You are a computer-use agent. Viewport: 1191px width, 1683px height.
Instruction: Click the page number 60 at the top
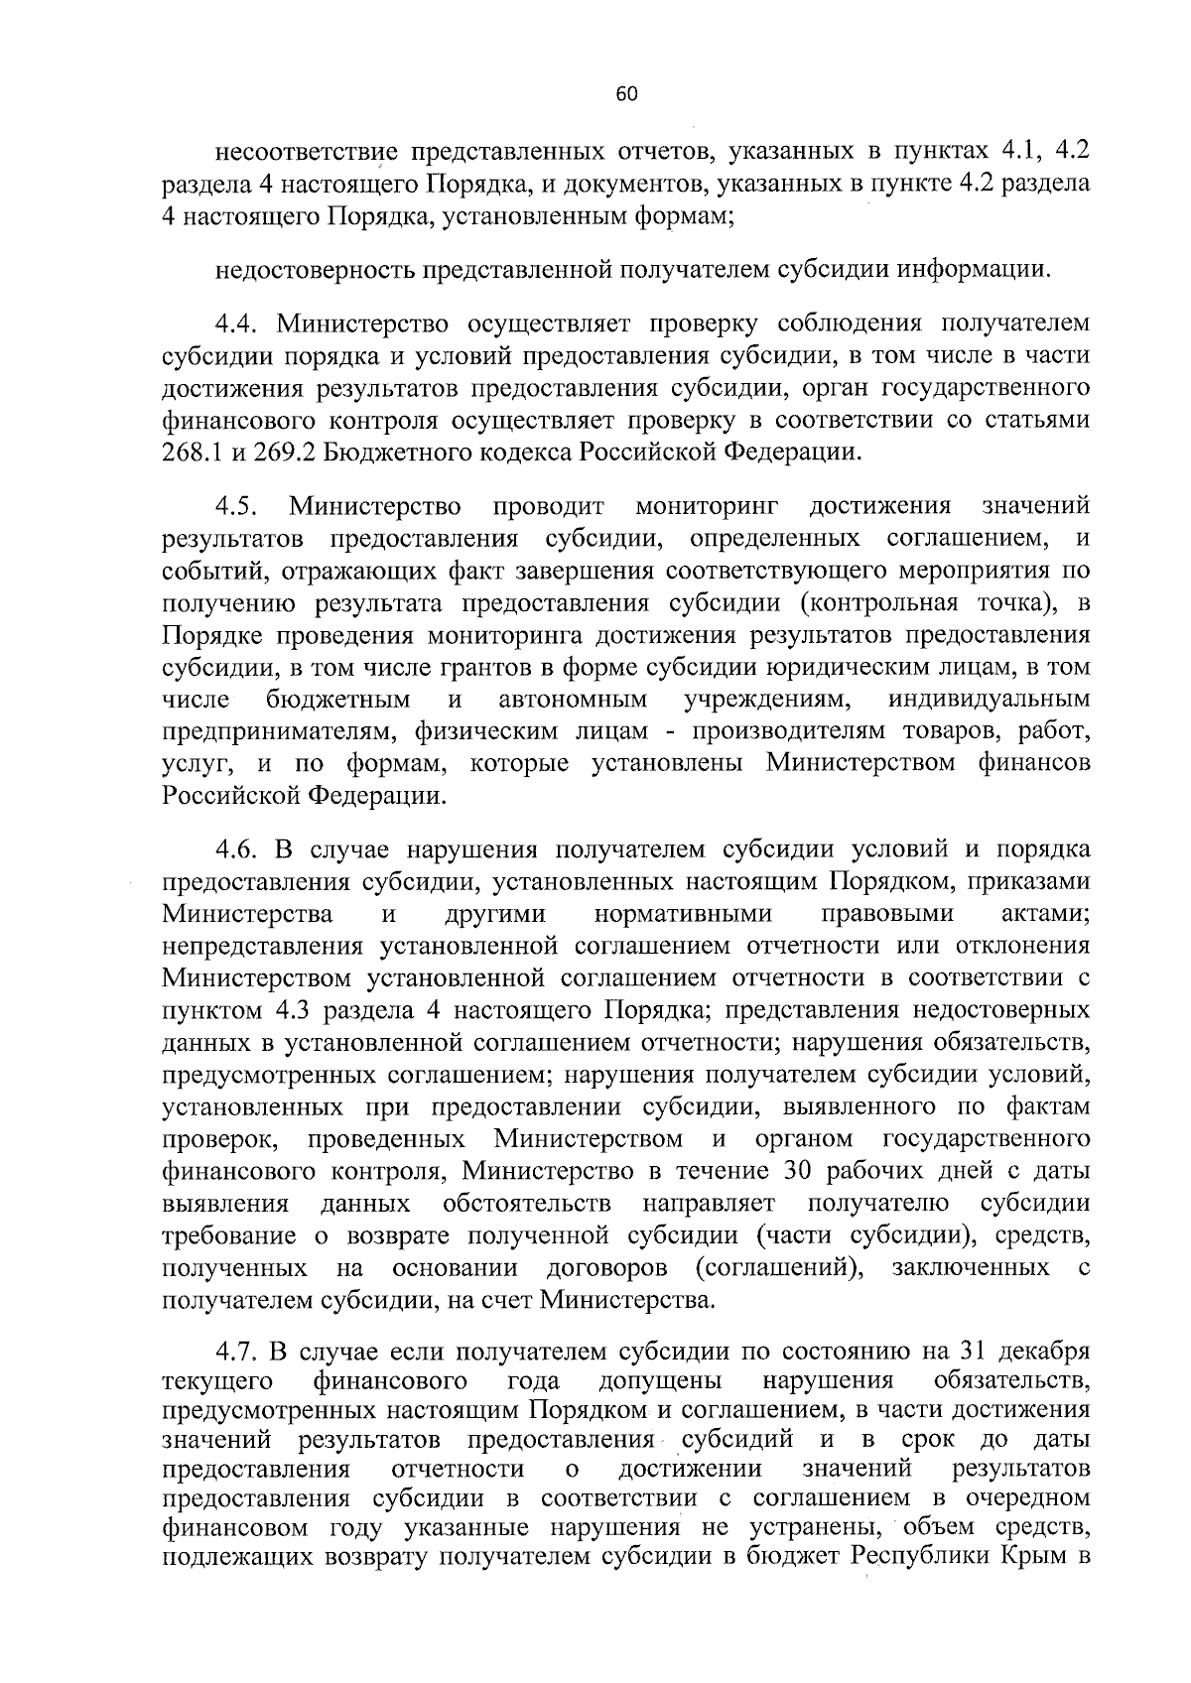point(625,94)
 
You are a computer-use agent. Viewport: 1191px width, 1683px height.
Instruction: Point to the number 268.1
point(194,453)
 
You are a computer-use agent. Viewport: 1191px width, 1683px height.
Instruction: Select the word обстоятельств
point(527,1204)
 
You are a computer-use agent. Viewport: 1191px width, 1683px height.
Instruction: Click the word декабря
point(1045,1352)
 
